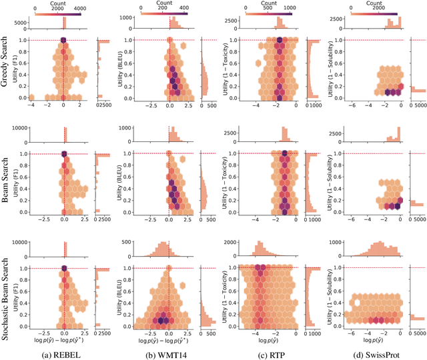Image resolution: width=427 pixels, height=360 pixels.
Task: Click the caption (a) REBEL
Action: [x=63, y=352]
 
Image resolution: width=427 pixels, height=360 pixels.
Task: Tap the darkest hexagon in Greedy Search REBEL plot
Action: [x=63, y=41]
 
